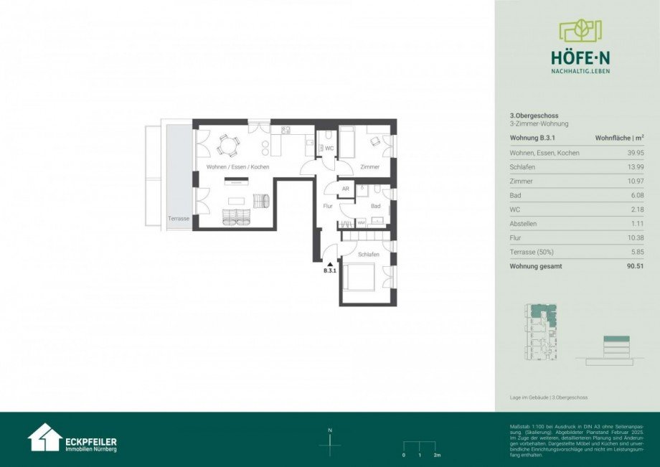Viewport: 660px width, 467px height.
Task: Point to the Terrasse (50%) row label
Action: point(529,252)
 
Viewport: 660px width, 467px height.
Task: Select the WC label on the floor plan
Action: point(329,148)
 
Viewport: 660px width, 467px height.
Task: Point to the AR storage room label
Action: point(345,189)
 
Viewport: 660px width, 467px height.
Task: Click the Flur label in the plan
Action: point(327,207)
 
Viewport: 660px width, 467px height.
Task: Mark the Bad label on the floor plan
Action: point(375,206)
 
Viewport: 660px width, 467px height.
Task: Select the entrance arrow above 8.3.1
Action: point(330,264)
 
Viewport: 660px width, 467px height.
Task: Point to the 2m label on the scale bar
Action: point(437,456)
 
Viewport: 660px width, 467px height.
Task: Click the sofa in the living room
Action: point(237,217)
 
